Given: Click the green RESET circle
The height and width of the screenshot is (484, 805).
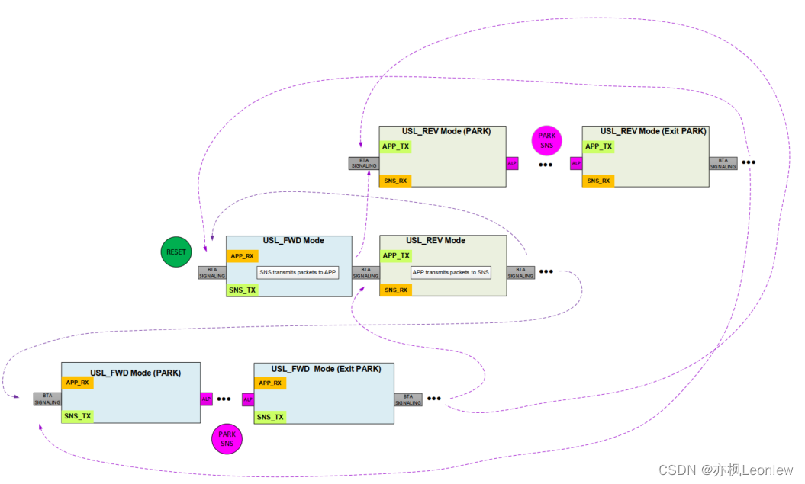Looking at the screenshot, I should (176, 252).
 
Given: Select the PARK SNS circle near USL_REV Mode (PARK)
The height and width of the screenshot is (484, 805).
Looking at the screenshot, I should (547, 140).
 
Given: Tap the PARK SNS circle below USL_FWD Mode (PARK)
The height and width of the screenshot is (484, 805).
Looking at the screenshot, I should (227, 438).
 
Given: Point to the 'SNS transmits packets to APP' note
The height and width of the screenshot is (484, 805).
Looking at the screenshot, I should (298, 272).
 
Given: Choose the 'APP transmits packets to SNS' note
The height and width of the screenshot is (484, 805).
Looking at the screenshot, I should (451, 272).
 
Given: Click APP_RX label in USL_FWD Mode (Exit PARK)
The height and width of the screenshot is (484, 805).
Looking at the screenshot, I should (269, 383).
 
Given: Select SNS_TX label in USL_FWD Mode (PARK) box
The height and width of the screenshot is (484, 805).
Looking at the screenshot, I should (77, 416).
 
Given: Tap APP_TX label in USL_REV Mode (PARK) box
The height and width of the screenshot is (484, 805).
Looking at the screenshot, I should (395, 146).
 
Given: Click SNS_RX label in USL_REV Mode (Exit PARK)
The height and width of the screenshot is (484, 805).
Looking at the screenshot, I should (597, 181).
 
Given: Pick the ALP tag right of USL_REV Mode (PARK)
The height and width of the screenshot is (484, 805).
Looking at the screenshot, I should (512, 163).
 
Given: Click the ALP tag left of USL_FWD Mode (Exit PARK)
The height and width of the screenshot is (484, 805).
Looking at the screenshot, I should (248, 399).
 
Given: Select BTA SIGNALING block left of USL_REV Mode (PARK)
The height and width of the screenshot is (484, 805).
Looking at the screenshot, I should (364, 163).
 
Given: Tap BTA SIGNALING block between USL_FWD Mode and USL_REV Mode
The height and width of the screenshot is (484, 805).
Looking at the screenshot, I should (365, 273).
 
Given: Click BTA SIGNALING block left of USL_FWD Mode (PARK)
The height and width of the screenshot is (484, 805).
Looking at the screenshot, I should (47, 399).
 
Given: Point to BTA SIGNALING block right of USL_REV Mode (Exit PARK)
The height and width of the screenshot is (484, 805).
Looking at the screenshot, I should (723, 163).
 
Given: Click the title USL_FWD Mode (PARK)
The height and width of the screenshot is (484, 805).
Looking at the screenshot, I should (134, 373).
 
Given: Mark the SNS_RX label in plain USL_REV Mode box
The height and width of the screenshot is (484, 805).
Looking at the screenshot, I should (395, 290).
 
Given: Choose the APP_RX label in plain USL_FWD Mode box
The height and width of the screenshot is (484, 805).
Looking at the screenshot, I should (242, 256).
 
